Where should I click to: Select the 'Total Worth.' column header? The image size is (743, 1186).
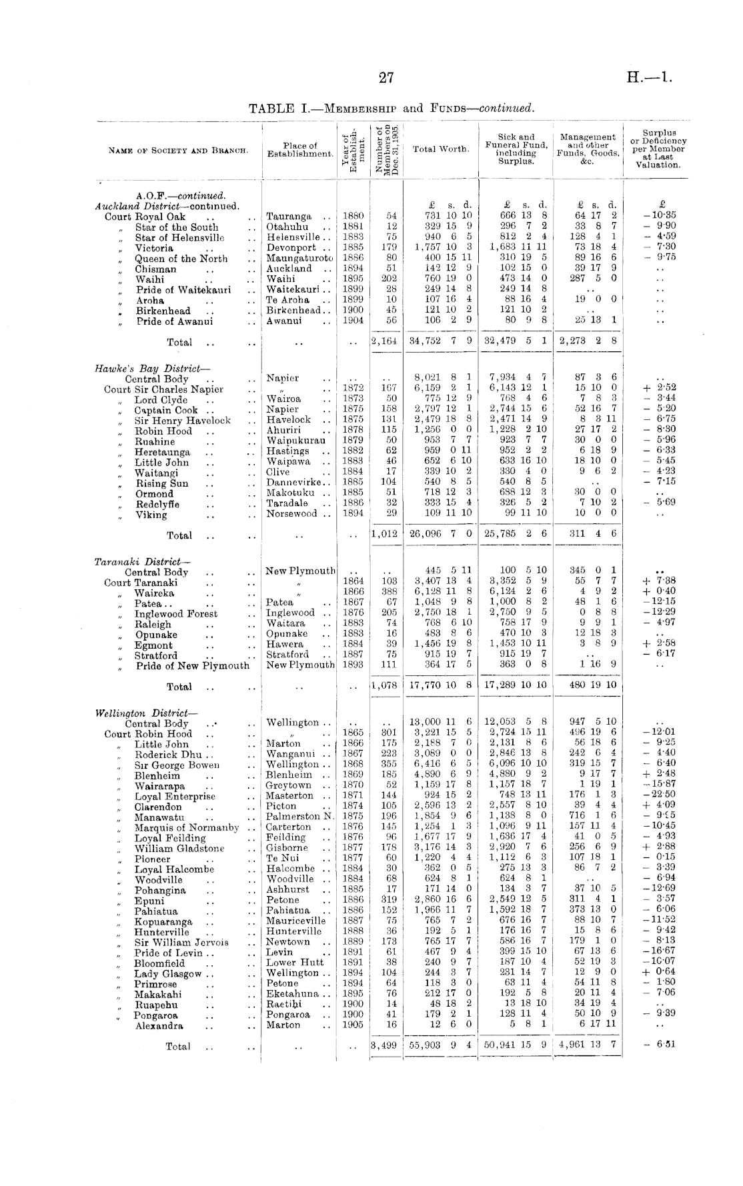pyautogui.click(x=441, y=149)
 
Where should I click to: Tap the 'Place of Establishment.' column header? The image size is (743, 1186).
pyautogui.click(x=300, y=150)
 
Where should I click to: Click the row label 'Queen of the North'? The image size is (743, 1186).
pyautogui.click(x=181, y=259)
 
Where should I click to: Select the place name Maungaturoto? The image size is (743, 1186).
pyautogui.click(x=299, y=259)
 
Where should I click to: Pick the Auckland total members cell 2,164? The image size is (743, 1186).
pyautogui.click(x=385, y=341)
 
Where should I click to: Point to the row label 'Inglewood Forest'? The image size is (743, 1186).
pyautogui.click(x=176, y=614)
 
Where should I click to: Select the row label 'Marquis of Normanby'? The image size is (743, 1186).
pyautogui.click(x=187, y=827)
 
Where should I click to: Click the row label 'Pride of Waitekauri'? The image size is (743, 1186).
pyautogui.click(x=183, y=290)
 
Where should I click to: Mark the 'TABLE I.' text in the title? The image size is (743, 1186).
pyautogui.click(x=279, y=108)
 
